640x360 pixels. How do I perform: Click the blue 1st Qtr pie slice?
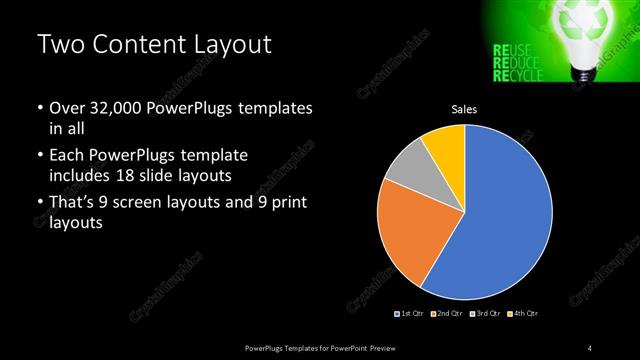[x=500, y=215]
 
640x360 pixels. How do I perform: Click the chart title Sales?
[x=464, y=110]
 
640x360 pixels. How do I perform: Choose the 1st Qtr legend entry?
[x=411, y=314]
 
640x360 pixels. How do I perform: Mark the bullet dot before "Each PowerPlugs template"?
[x=39, y=156]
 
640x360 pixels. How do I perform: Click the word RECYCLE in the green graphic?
[x=518, y=76]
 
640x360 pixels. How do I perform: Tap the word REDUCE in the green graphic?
[x=515, y=62]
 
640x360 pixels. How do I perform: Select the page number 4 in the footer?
[x=589, y=347]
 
